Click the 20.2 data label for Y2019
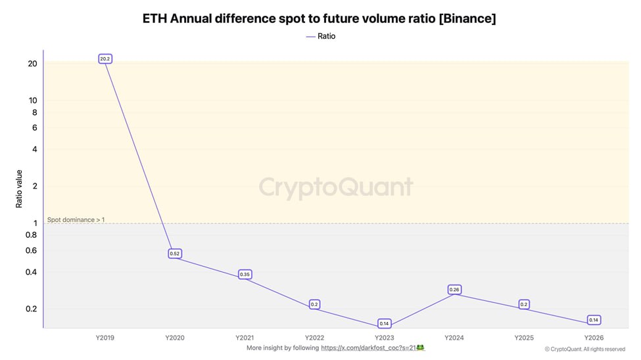tap(105, 59)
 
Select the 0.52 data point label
tap(175, 254)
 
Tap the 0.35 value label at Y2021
tap(245, 275)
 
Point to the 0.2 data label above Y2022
tap(314, 304)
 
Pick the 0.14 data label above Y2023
tap(385, 323)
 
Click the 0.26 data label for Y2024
tap(454, 290)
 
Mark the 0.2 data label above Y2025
tap(524, 304)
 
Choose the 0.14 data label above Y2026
tap(594, 320)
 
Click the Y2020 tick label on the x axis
tap(175, 338)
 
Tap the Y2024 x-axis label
tap(454, 338)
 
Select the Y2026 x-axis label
tap(594, 338)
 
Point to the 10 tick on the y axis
tap(32, 101)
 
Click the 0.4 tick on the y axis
tap(31, 272)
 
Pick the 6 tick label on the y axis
tap(34, 127)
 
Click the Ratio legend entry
tap(321, 36)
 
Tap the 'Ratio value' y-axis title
tap(19, 189)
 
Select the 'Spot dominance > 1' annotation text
tap(76, 219)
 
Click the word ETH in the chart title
tap(155, 18)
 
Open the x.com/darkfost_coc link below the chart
tap(368, 348)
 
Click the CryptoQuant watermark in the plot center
tap(336, 187)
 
